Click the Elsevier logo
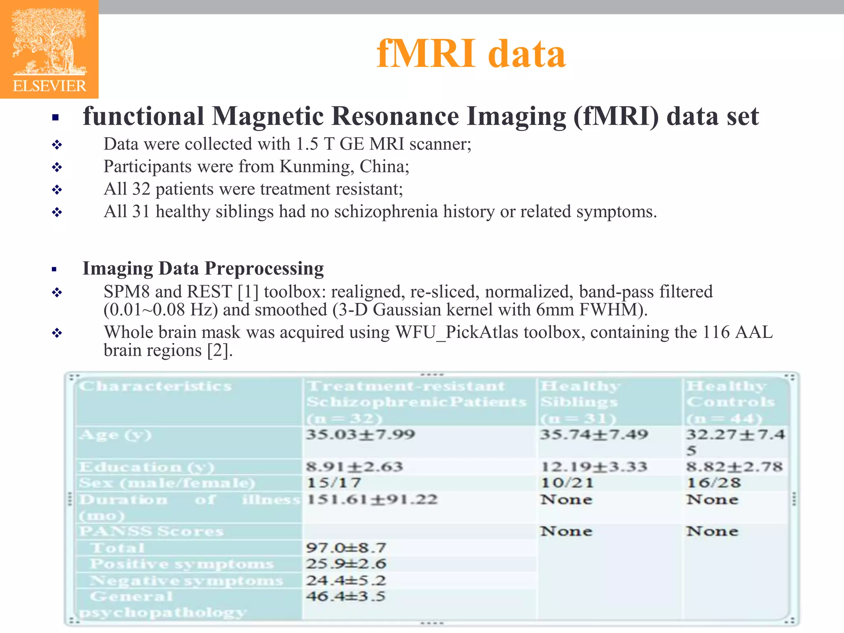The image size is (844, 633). point(49,49)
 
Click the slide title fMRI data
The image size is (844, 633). point(471,54)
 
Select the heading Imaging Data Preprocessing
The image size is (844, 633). point(203,268)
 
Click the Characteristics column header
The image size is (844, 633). point(155,386)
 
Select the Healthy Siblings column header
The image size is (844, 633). point(579,402)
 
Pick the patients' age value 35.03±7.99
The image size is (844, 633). point(360,434)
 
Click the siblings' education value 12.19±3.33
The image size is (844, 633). point(594,467)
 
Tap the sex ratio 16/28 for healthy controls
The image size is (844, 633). point(713,483)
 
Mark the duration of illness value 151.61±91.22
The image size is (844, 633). point(372,499)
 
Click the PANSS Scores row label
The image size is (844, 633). point(151,531)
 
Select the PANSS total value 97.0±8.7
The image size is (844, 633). point(346,548)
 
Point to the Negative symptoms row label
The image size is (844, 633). point(186,580)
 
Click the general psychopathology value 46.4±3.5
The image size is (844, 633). point(346,596)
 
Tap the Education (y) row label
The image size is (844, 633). point(147,467)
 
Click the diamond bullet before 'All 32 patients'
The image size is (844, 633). point(57,190)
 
